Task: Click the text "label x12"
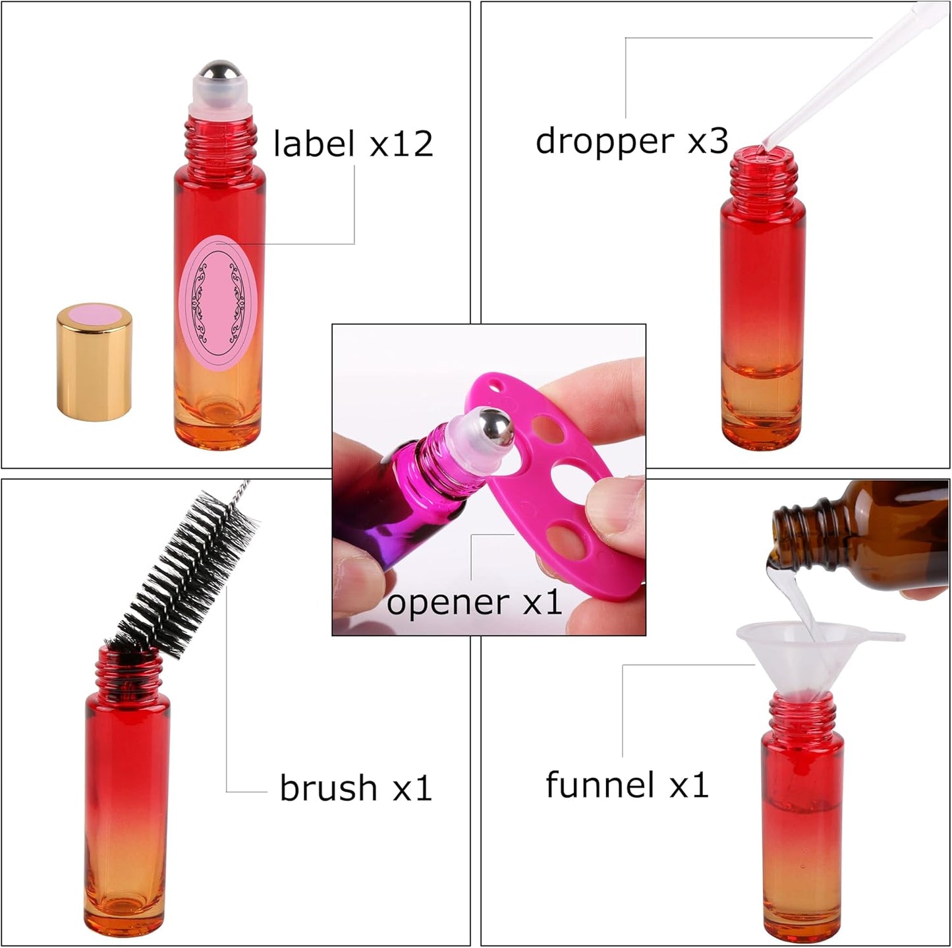353,144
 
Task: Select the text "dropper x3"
631,140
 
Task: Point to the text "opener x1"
474,601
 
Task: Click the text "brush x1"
355,787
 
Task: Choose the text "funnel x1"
627,785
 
